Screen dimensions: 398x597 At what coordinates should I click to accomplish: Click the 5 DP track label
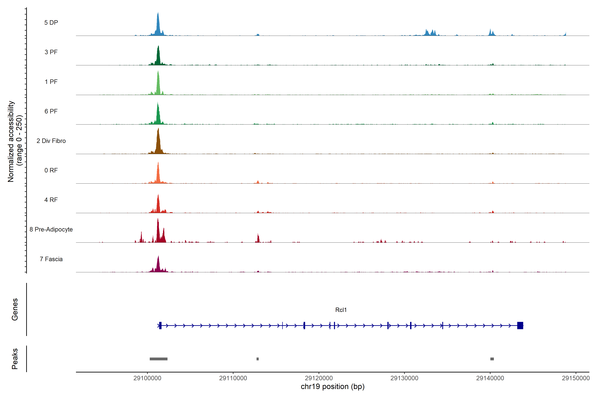[x=51, y=23]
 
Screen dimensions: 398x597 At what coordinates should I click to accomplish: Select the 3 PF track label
[x=51, y=52]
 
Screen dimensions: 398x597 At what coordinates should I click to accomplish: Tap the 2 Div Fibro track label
[x=51, y=141]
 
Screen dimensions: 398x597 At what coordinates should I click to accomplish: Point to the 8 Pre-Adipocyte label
[x=51, y=230]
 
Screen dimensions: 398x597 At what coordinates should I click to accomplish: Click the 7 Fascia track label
[x=51, y=259]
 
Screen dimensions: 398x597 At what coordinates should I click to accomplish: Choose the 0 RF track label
[x=51, y=170]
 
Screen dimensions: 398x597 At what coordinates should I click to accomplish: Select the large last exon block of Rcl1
[x=520, y=325]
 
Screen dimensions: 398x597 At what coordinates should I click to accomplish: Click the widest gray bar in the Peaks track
[x=158, y=359]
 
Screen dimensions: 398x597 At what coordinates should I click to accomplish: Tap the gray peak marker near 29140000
[x=492, y=359]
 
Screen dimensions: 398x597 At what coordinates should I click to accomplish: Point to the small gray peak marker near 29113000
[x=258, y=359]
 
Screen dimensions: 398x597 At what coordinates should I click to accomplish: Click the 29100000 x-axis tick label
[x=147, y=378]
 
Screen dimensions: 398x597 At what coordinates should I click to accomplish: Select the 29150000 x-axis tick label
[x=575, y=378]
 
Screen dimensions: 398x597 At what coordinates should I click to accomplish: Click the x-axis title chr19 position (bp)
[x=332, y=387]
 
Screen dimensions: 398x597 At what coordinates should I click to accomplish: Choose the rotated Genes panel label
[x=15, y=309]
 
